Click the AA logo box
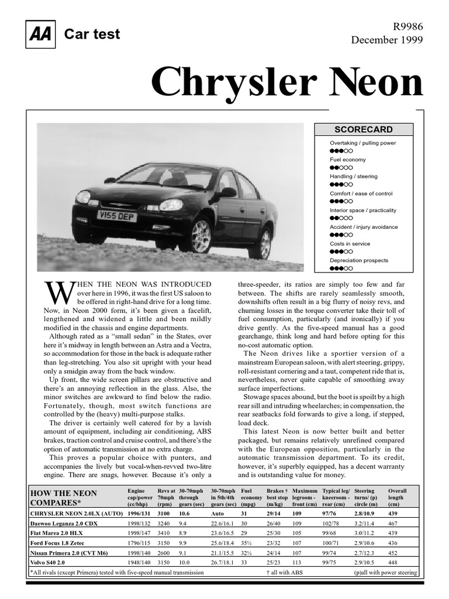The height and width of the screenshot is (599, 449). click(39, 35)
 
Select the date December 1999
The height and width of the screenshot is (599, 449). click(386, 40)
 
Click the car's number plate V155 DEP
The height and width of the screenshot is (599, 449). click(117, 216)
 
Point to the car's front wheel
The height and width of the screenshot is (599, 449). click(201, 236)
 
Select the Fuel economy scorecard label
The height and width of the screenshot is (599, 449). click(348, 160)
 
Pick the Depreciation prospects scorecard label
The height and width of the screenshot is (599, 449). click(359, 260)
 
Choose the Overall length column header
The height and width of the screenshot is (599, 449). click(398, 497)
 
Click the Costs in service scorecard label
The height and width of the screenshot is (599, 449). click(350, 243)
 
